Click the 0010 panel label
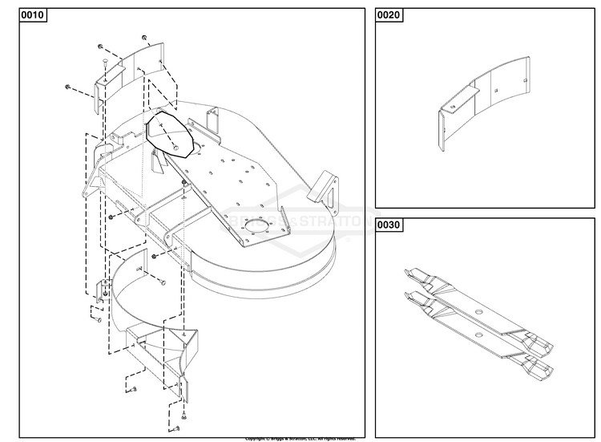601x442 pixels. point(32,17)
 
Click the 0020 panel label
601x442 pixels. point(391,17)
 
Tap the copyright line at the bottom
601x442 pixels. point(300,439)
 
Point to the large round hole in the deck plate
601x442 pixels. point(259,227)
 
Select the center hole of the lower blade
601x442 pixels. point(479,327)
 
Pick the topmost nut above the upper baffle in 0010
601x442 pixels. point(143,38)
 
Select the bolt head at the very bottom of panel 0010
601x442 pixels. point(184,418)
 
